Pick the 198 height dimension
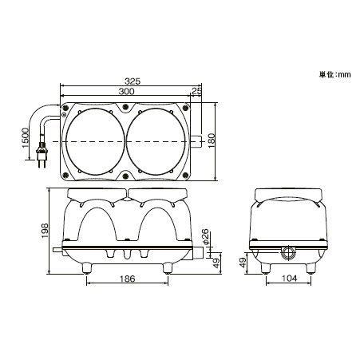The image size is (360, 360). (45, 229)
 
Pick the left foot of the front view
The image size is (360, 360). (85, 267)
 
